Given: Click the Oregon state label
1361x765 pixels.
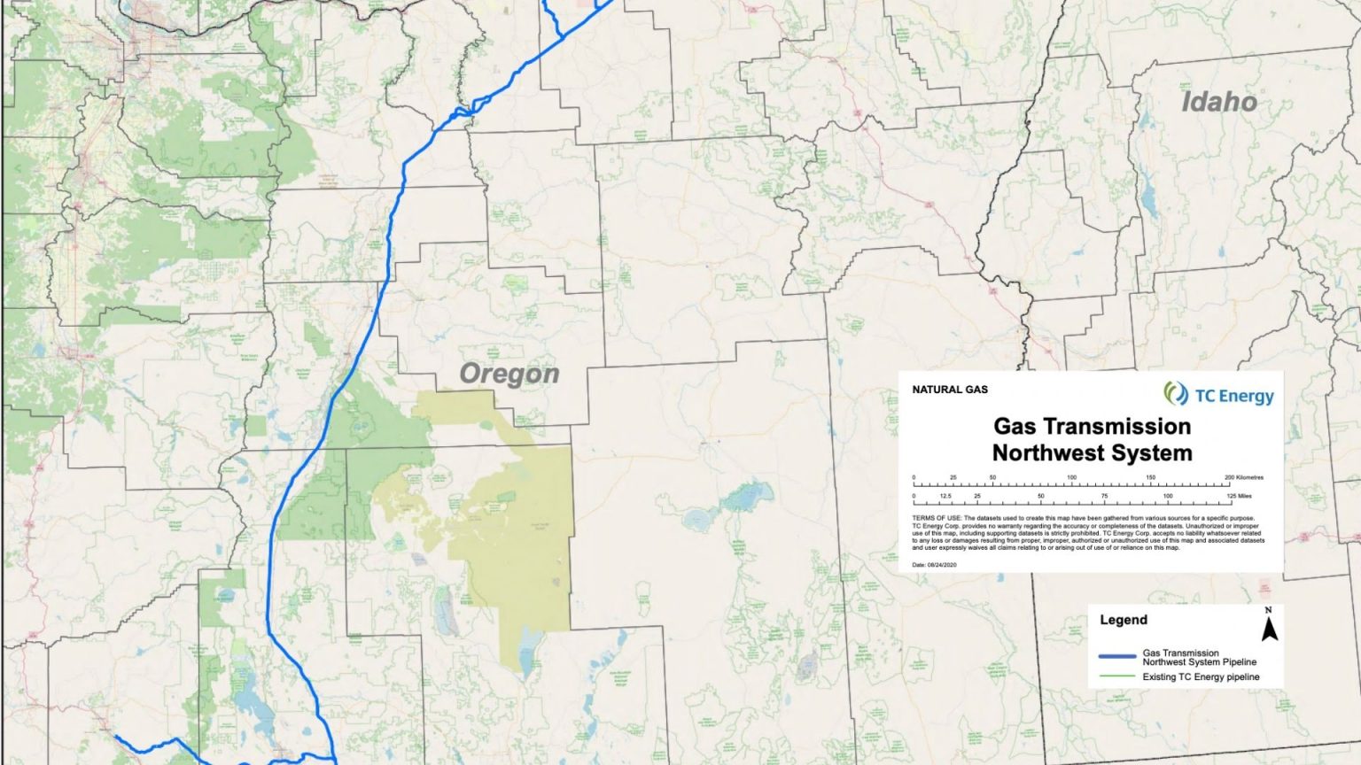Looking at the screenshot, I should pyautogui.click(x=509, y=375).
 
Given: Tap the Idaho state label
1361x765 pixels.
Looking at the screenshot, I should pyautogui.click(x=1219, y=102).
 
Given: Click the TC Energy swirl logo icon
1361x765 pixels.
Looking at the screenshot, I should pyautogui.click(x=1176, y=393).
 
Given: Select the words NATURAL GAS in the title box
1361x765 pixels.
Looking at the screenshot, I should pyautogui.click(x=949, y=390).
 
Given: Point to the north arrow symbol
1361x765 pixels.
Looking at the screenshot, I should pyautogui.click(x=1269, y=630).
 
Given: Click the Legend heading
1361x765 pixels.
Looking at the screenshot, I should pyautogui.click(x=1123, y=620).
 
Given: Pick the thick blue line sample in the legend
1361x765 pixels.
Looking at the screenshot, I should pyautogui.click(x=1116, y=657).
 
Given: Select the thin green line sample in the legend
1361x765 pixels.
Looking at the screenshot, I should pyautogui.click(x=1116, y=676).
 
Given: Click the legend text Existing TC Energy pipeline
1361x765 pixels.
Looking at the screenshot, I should pyautogui.click(x=1201, y=677).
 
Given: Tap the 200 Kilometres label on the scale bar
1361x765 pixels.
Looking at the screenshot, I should pyautogui.click(x=1244, y=477).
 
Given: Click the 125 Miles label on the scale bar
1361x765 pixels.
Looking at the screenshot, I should pyautogui.click(x=1239, y=496).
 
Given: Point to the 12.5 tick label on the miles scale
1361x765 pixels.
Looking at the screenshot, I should pyautogui.click(x=945, y=496).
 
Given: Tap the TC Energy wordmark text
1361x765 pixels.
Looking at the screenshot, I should pyautogui.click(x=1233, y=396).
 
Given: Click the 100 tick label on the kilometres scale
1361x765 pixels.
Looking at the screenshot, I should pyautogui.click(x=1071, y=477).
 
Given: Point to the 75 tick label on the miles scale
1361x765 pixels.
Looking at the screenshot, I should pyautogui.click(x=1104, y=496).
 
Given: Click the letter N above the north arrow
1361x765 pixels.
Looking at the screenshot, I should pyautogui.click(x=1269, y=610).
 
